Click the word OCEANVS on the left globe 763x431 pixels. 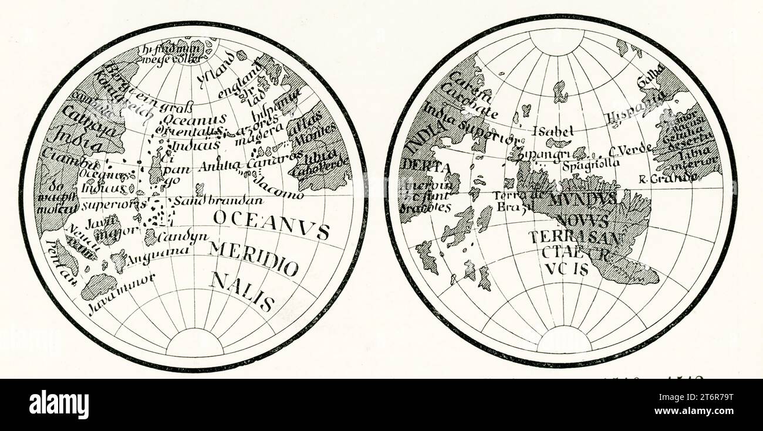(271, 225)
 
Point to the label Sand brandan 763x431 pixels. (220, 201)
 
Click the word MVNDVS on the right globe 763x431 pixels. (582, 199)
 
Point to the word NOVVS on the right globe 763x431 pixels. (582, 221)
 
